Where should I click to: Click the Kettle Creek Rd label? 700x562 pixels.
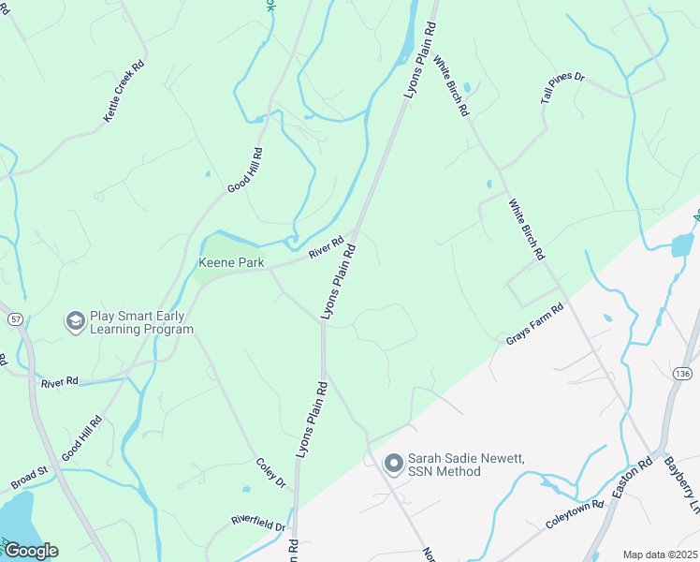[124, 91]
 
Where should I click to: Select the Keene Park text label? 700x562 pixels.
[230, 263]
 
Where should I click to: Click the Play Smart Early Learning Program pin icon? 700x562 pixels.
[74, 322]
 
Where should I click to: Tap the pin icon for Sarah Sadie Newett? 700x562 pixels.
[393, 463]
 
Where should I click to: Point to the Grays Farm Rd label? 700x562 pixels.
[535, 323]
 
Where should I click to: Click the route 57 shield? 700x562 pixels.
[16, 319]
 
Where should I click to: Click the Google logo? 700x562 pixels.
[31, 551]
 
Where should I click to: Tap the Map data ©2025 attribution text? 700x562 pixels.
[660, 555]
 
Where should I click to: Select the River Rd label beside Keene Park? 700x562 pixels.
[327, 247]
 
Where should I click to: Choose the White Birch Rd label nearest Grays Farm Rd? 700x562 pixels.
[526, 228]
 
